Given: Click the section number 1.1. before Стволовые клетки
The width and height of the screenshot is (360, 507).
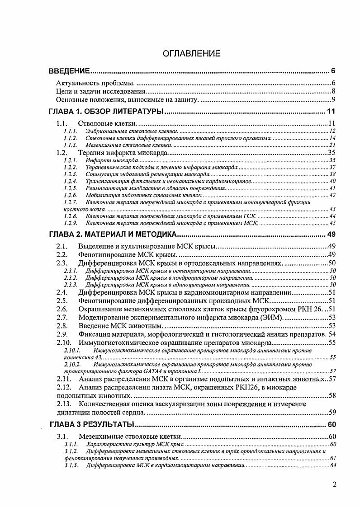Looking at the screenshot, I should tap(62, 123).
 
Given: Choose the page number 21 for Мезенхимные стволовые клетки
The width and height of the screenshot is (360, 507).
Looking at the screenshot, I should tap(332, 145).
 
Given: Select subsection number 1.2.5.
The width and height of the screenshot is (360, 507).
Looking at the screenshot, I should tap(70, 188).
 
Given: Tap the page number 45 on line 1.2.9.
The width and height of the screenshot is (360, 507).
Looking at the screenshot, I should tap(332, 223).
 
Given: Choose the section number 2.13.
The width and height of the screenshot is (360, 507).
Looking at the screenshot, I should tap(64, 404).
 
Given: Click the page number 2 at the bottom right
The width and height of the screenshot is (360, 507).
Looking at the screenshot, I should tap(334, 485).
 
